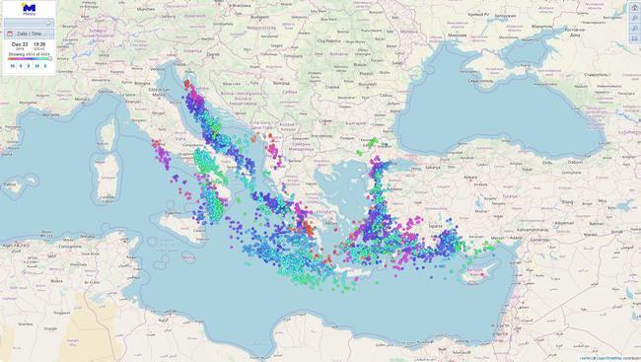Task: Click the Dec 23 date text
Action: tap(20, 44)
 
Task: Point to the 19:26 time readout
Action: tap(39, 44)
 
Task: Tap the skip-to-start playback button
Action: tap(12, 66)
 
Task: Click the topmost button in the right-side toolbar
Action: tap(633, 8)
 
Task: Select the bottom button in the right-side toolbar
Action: tap(633, 38)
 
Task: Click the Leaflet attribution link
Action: tap(585, 358)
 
